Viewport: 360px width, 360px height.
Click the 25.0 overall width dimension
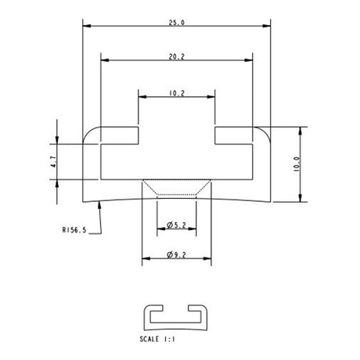177,23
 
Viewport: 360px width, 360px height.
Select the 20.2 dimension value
177,57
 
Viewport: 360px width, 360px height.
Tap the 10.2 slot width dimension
177,93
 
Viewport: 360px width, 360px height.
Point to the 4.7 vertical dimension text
52,162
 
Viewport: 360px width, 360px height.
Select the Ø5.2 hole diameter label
176,226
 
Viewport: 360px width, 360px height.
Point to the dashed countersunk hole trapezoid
177,189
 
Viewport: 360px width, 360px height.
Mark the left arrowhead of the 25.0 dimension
85,28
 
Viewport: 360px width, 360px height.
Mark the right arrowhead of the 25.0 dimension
266,28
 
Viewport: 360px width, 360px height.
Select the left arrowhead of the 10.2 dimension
142,98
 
